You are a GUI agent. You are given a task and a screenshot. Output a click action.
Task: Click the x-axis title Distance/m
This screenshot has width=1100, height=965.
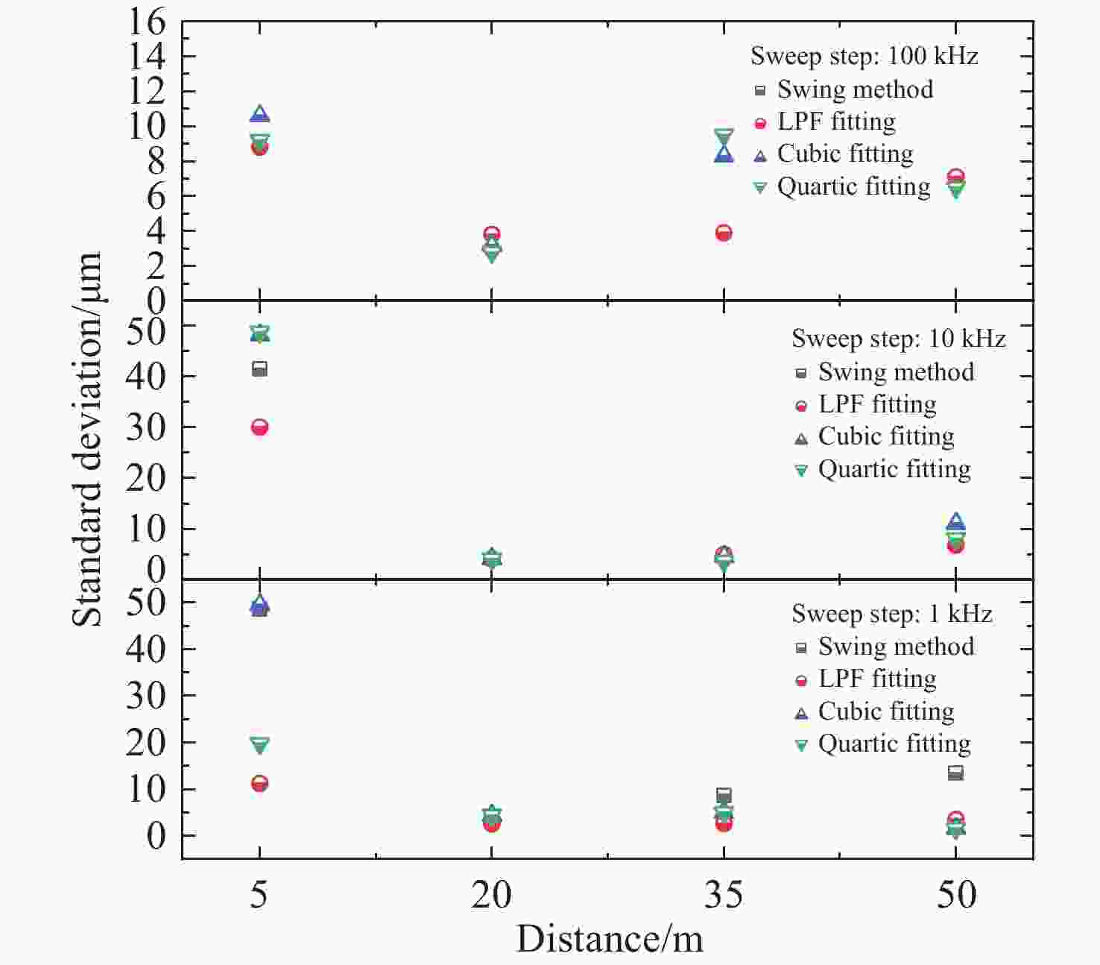click(x=610, y=938)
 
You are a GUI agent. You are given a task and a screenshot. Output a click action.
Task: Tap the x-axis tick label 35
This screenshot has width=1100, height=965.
click(x=723, y=893)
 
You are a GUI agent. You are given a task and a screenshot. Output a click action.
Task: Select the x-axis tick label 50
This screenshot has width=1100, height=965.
click(x=955, y=893)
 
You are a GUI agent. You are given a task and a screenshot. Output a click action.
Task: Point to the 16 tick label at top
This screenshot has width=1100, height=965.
click(x=146, y=22)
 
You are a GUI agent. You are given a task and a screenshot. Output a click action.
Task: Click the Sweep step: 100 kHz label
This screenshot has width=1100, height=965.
click(x=864, y=56)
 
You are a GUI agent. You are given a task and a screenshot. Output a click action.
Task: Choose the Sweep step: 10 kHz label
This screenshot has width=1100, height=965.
click(x=898, y=339)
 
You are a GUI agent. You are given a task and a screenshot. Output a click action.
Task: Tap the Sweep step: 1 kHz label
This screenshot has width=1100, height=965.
click(x=891, y=614)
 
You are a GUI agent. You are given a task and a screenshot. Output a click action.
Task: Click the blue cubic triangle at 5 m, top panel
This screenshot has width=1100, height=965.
click(x=259, y=114)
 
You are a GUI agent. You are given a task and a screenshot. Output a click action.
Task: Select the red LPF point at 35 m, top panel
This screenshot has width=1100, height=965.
click(x=723, y=233)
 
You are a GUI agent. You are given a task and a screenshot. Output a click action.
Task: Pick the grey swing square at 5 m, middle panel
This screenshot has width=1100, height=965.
click(x=259, y=369)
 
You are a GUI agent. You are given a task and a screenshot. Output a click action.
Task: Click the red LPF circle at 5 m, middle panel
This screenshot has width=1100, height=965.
click(x=259, y=427)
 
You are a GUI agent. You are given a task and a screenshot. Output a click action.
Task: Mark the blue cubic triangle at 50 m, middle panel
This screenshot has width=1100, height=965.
click(x=955, y=522)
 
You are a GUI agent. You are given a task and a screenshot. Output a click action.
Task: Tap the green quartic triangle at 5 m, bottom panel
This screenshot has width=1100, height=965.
click(x=259, y=744)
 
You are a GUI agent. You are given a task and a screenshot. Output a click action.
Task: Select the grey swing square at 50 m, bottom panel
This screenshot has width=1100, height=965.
click(x=955, y=773)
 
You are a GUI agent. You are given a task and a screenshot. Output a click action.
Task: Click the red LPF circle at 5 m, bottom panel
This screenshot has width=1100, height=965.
click(x=259, y=784)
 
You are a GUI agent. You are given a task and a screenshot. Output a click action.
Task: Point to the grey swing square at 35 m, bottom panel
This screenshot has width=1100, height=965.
click(x=723, y=795)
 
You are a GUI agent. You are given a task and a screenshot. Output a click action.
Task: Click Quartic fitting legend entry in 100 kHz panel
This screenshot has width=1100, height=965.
click(x=853, y=186)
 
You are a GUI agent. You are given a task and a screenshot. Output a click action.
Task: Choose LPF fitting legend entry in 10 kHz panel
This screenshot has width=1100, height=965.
click(x=876, y=404)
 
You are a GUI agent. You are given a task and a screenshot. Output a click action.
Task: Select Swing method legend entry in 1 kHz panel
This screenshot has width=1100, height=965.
click(x=896, y=647)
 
